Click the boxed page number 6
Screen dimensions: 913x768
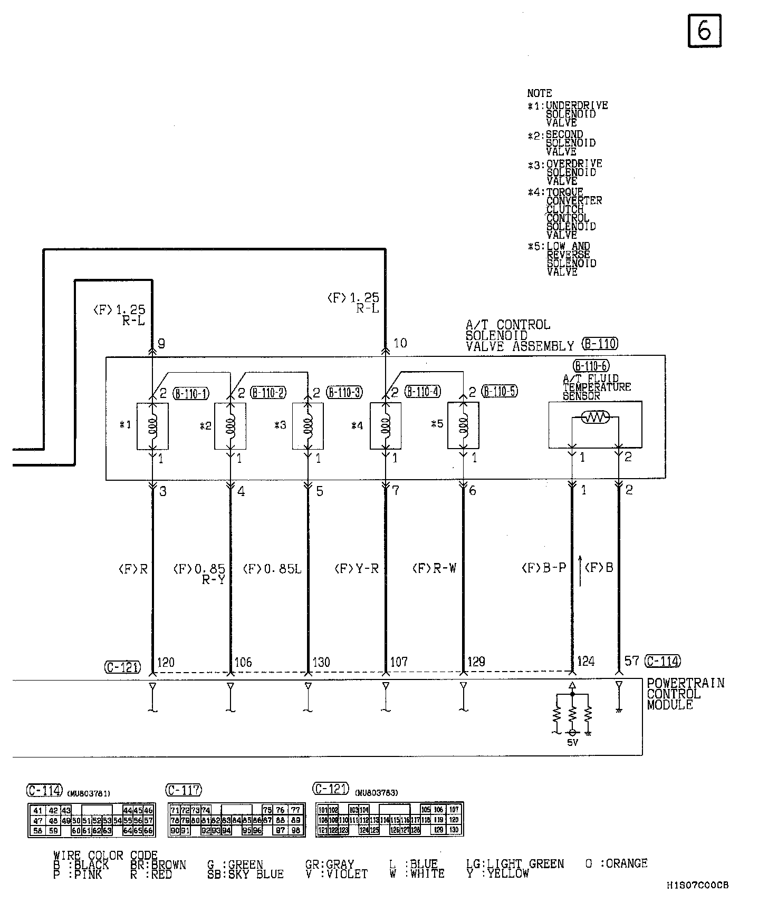click(704, 31)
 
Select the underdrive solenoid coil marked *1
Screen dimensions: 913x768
click(152, 426)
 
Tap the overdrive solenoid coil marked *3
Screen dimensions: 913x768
click(308, 426)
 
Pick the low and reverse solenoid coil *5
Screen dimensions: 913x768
click(463, 426)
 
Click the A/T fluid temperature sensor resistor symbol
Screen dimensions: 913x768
click(595, 419)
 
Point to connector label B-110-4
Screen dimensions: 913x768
click(423, 392)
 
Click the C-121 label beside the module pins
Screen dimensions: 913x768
click(122, 667)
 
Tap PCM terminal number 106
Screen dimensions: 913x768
click(243, 662)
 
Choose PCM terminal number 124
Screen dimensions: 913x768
click(585, 662)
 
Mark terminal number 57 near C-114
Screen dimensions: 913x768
click(631, 661)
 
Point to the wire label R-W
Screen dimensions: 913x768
click(435, 568)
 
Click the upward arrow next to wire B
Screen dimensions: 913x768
click(580, 570)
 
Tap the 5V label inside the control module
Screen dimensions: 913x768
click(572, 743)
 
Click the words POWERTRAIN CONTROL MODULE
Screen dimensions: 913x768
click(685, 694)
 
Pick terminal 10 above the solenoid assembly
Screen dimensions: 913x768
click(400, 343)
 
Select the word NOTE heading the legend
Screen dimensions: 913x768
click(539, 93)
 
